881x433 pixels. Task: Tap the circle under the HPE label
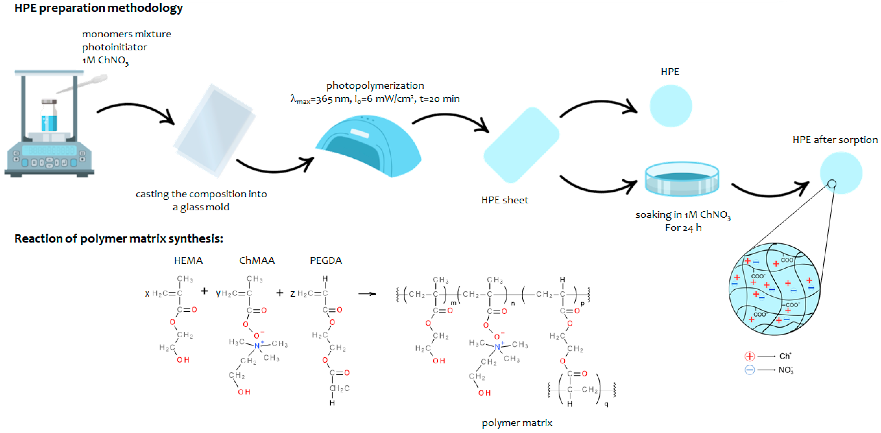click(670, 106)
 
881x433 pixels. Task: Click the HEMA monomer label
click(188, 260)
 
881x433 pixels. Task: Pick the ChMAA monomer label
click(257, 260)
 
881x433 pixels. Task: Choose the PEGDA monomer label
click(326, 260)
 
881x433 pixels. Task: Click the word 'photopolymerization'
click(375, 86)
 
